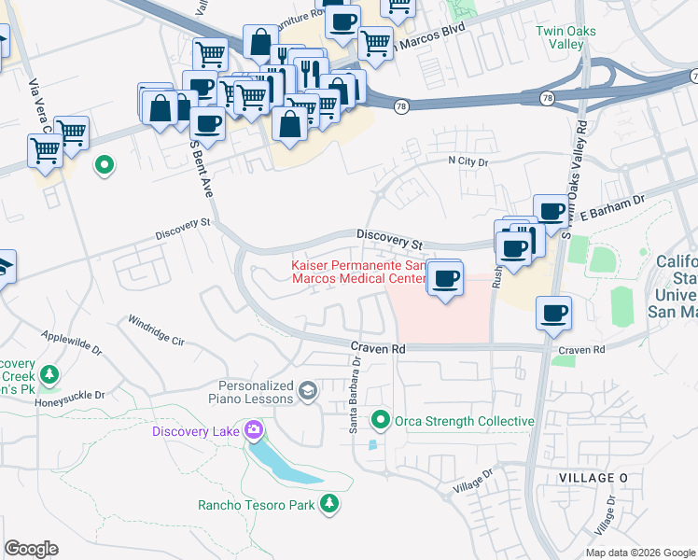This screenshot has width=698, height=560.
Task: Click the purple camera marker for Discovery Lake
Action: (252, 430)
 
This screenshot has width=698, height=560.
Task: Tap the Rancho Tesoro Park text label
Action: (255, 505)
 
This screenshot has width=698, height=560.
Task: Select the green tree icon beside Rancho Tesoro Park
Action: (328, 505)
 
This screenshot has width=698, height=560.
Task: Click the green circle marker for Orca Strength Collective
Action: (380, 421)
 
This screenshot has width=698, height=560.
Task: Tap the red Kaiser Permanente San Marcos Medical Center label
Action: (360, 272)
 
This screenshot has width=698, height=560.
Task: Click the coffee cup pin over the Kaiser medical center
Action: (446, 277)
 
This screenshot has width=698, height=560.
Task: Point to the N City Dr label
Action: (468, 161)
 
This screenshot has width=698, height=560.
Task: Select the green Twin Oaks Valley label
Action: (565, 37)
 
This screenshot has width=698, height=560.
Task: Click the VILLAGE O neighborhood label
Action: (593, 477)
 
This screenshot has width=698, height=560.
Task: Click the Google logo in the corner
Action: (31, 549)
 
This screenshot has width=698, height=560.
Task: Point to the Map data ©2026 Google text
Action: (639, 553)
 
